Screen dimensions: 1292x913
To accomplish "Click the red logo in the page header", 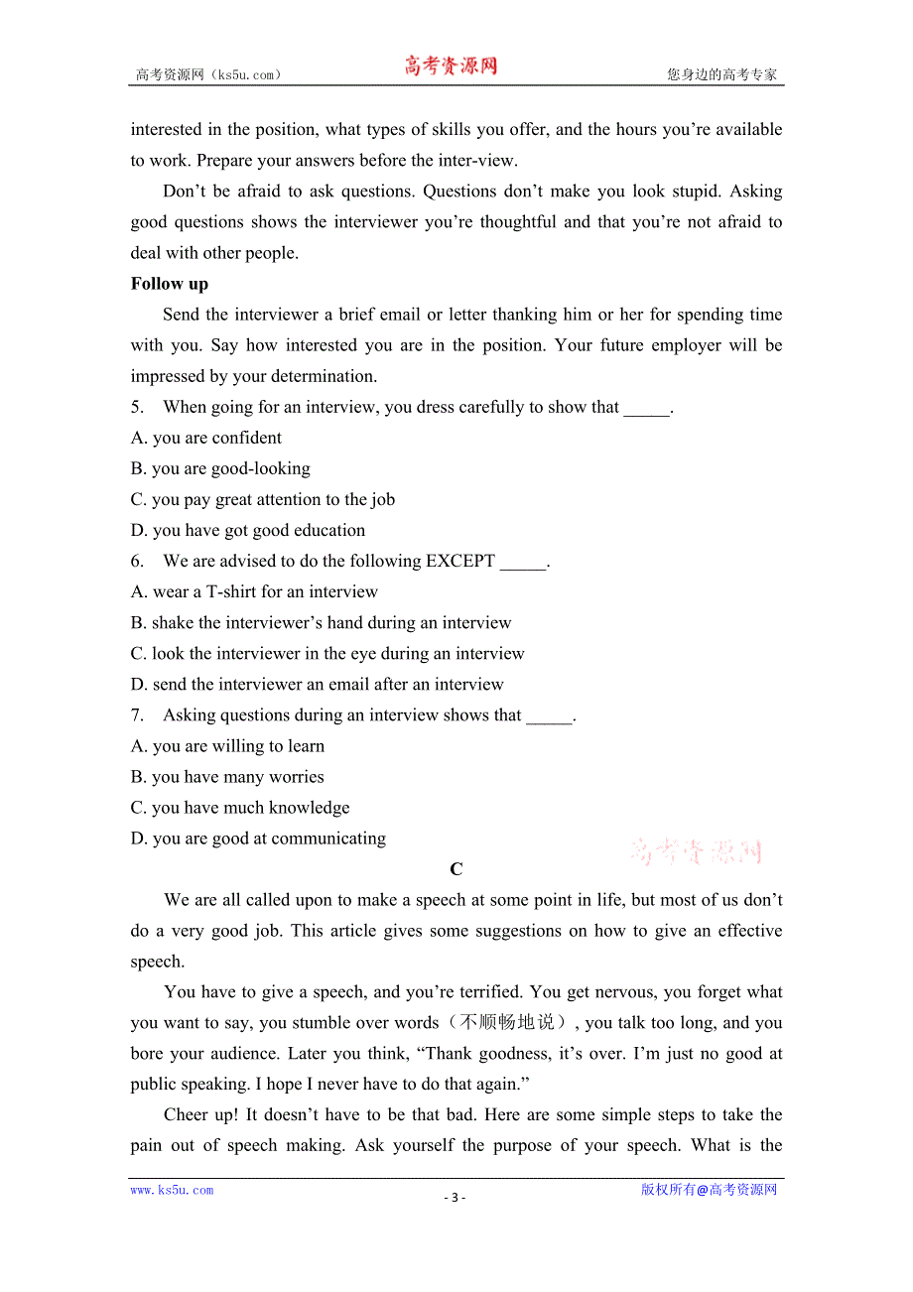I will pos(451,66).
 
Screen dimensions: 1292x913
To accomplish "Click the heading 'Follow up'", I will pos(170,284).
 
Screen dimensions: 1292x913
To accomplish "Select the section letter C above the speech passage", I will pos(456,869).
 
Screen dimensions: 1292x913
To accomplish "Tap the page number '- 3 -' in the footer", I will pos(455,1197).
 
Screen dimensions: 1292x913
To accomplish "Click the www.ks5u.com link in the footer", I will pos(172,1190).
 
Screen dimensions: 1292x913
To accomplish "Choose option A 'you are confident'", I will pos(206,438).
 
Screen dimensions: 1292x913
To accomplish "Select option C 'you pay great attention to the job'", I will pos(263,499).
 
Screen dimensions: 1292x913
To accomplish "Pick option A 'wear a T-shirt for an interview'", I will pos(254,591).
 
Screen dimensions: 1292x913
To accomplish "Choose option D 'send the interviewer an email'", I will pos(318,684).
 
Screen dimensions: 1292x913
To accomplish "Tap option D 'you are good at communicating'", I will pos(258,839).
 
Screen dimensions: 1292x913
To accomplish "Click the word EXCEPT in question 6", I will pos(460,561).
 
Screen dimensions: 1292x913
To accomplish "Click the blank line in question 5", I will pos(646,409).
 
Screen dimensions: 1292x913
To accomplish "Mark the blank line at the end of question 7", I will pos(549,716).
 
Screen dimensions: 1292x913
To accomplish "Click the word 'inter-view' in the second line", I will pos(480,160).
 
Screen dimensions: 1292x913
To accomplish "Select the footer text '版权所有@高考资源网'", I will pos(709,1190).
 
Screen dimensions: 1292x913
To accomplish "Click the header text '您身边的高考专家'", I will pos(721,74).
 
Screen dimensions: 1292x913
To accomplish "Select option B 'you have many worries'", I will pos(227,777).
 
